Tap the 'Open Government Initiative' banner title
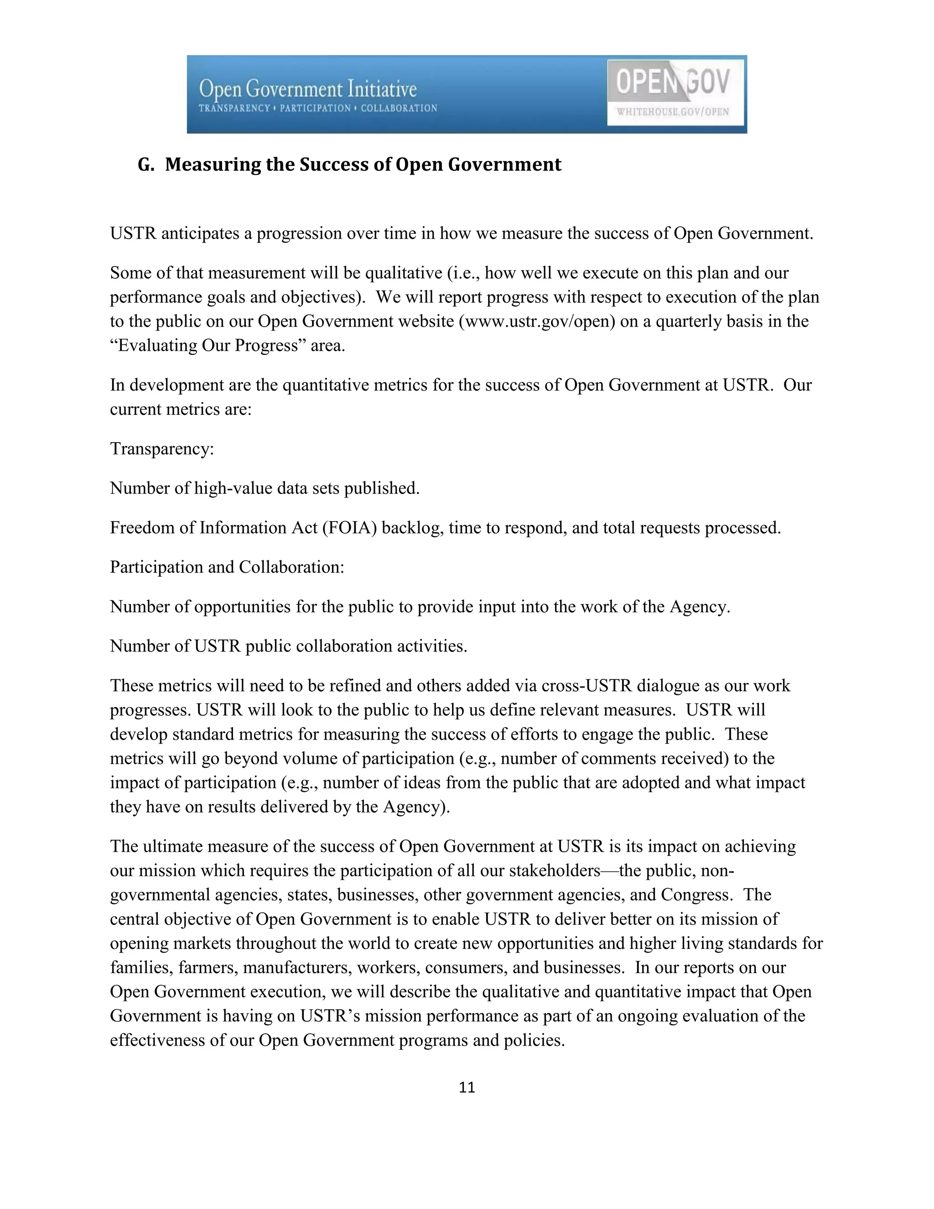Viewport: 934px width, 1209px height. pyautogui.click(x=308, y=89)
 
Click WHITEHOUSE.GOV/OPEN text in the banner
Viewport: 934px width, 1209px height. pyautogui.click(x=673, y=112)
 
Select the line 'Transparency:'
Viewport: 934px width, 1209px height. pyautogui.click(x=161, y=449)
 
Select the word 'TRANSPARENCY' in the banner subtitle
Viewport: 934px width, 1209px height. pyautogui.click(x=234, y=109)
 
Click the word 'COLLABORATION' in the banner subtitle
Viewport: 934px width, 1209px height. pyautogui.click(x=399, y=109)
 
